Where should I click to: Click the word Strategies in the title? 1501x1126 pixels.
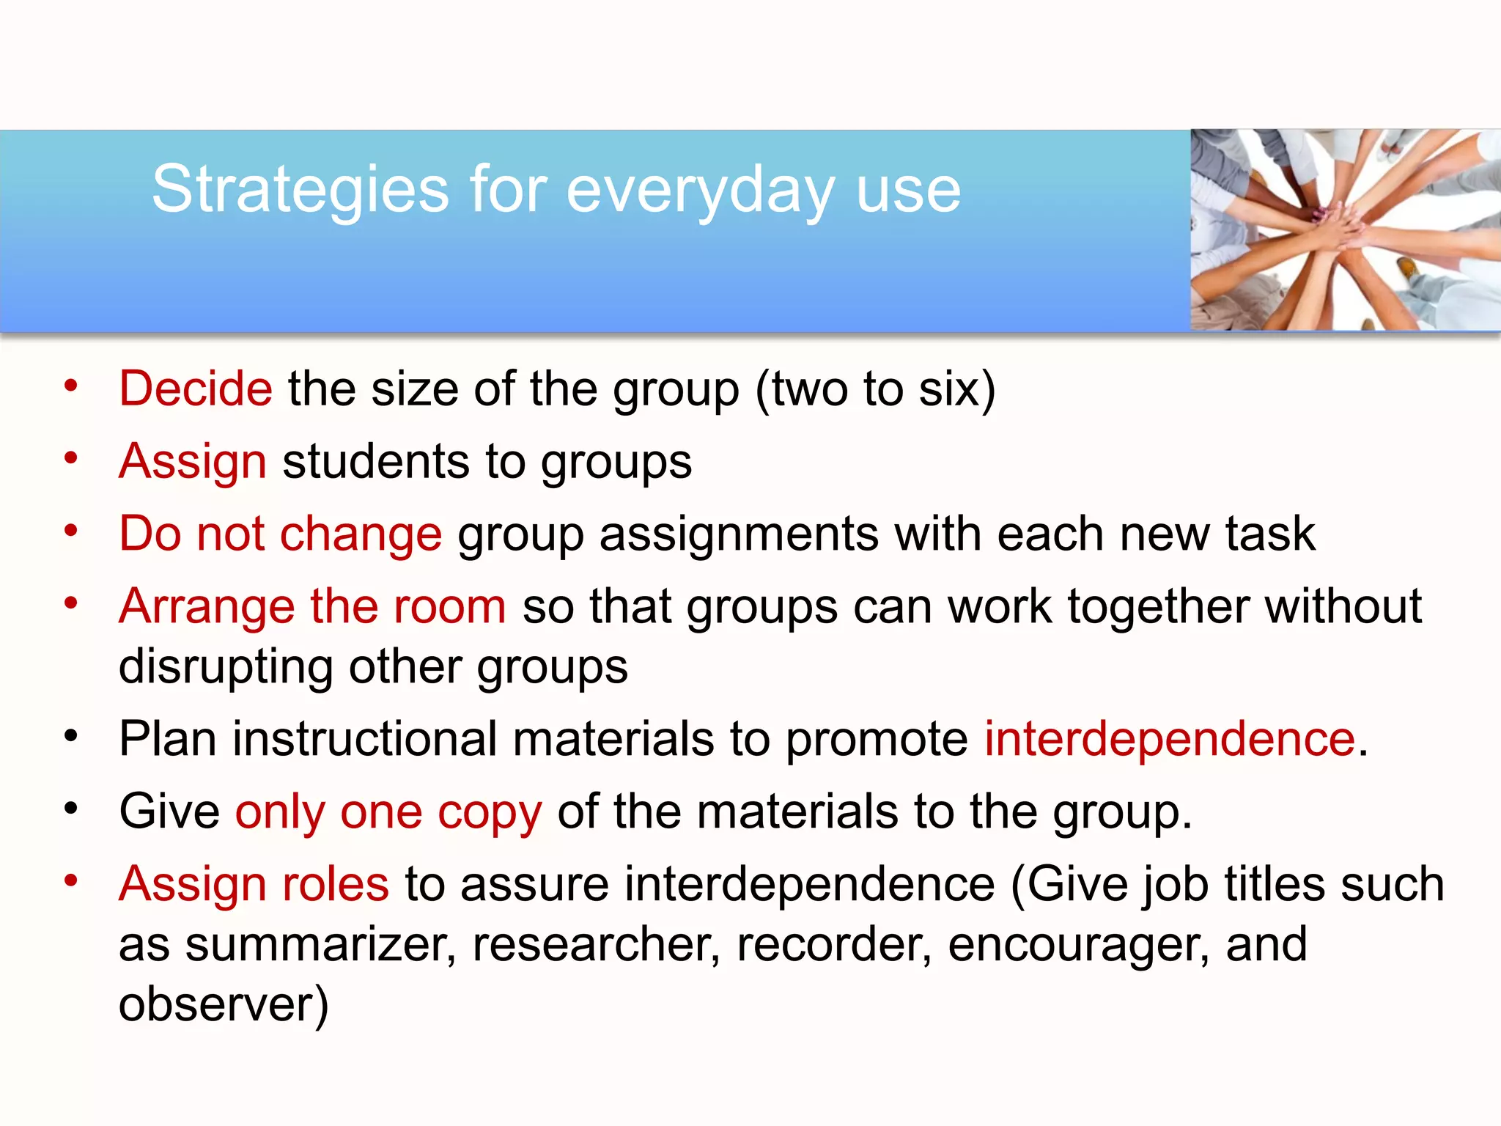[x=300, y=189]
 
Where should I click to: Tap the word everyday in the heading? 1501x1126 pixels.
[x=700, y=189]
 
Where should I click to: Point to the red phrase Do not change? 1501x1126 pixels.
[x=280, y=533]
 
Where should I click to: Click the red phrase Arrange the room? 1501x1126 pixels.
[x=312, y=606]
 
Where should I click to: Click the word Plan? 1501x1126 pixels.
[x=168, y=738]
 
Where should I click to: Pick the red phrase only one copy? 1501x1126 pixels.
[x=388, y=812]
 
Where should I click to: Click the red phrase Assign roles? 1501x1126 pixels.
[x=254, y=883]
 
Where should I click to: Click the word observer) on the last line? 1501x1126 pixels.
[x=224, y=1004]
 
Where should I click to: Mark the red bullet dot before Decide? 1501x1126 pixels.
[x=70, y=385]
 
